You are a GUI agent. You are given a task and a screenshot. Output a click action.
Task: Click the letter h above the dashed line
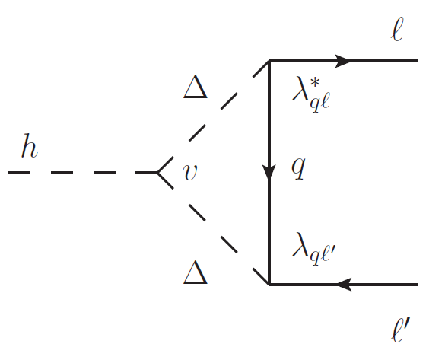29,148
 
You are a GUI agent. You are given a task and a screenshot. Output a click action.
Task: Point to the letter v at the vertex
190,174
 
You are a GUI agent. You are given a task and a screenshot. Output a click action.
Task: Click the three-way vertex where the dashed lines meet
158,174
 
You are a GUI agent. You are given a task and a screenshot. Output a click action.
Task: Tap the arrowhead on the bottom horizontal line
343,285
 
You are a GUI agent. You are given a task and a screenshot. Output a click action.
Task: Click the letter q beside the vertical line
300,169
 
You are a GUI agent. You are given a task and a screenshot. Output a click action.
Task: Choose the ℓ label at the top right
396,30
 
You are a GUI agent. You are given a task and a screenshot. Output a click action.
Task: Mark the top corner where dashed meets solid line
269,62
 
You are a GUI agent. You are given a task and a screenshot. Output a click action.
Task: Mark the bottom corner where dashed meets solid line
269,285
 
